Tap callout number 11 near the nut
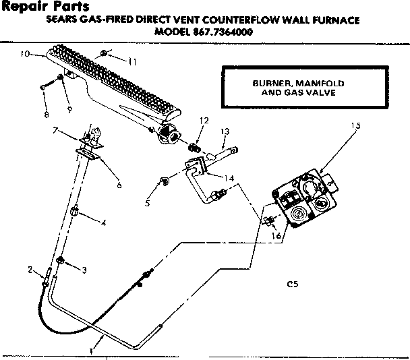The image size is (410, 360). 131,62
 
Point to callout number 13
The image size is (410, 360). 225,131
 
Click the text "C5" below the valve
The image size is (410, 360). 292,283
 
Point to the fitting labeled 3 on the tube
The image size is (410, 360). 61,261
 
